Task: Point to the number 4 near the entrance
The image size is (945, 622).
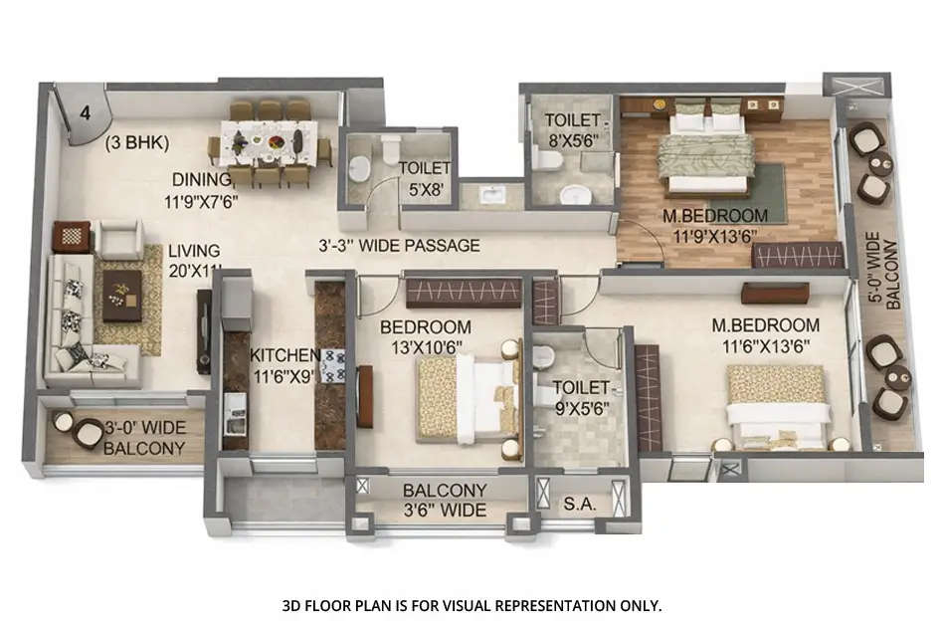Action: coord(85,112)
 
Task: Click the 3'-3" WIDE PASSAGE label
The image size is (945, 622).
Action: coord(399,245)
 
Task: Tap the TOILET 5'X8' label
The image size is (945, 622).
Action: coord(425,177)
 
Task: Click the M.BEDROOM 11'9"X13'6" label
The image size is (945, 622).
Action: coord(716,226)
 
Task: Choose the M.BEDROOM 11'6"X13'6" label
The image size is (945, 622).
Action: coord(765,334)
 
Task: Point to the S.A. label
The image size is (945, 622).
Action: coord(579,505)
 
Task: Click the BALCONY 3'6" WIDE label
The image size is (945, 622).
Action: coord(444,501)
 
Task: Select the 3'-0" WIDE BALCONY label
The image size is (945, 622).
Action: coord(144,438)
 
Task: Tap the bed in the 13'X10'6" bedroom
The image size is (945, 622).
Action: coord(468,398)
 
